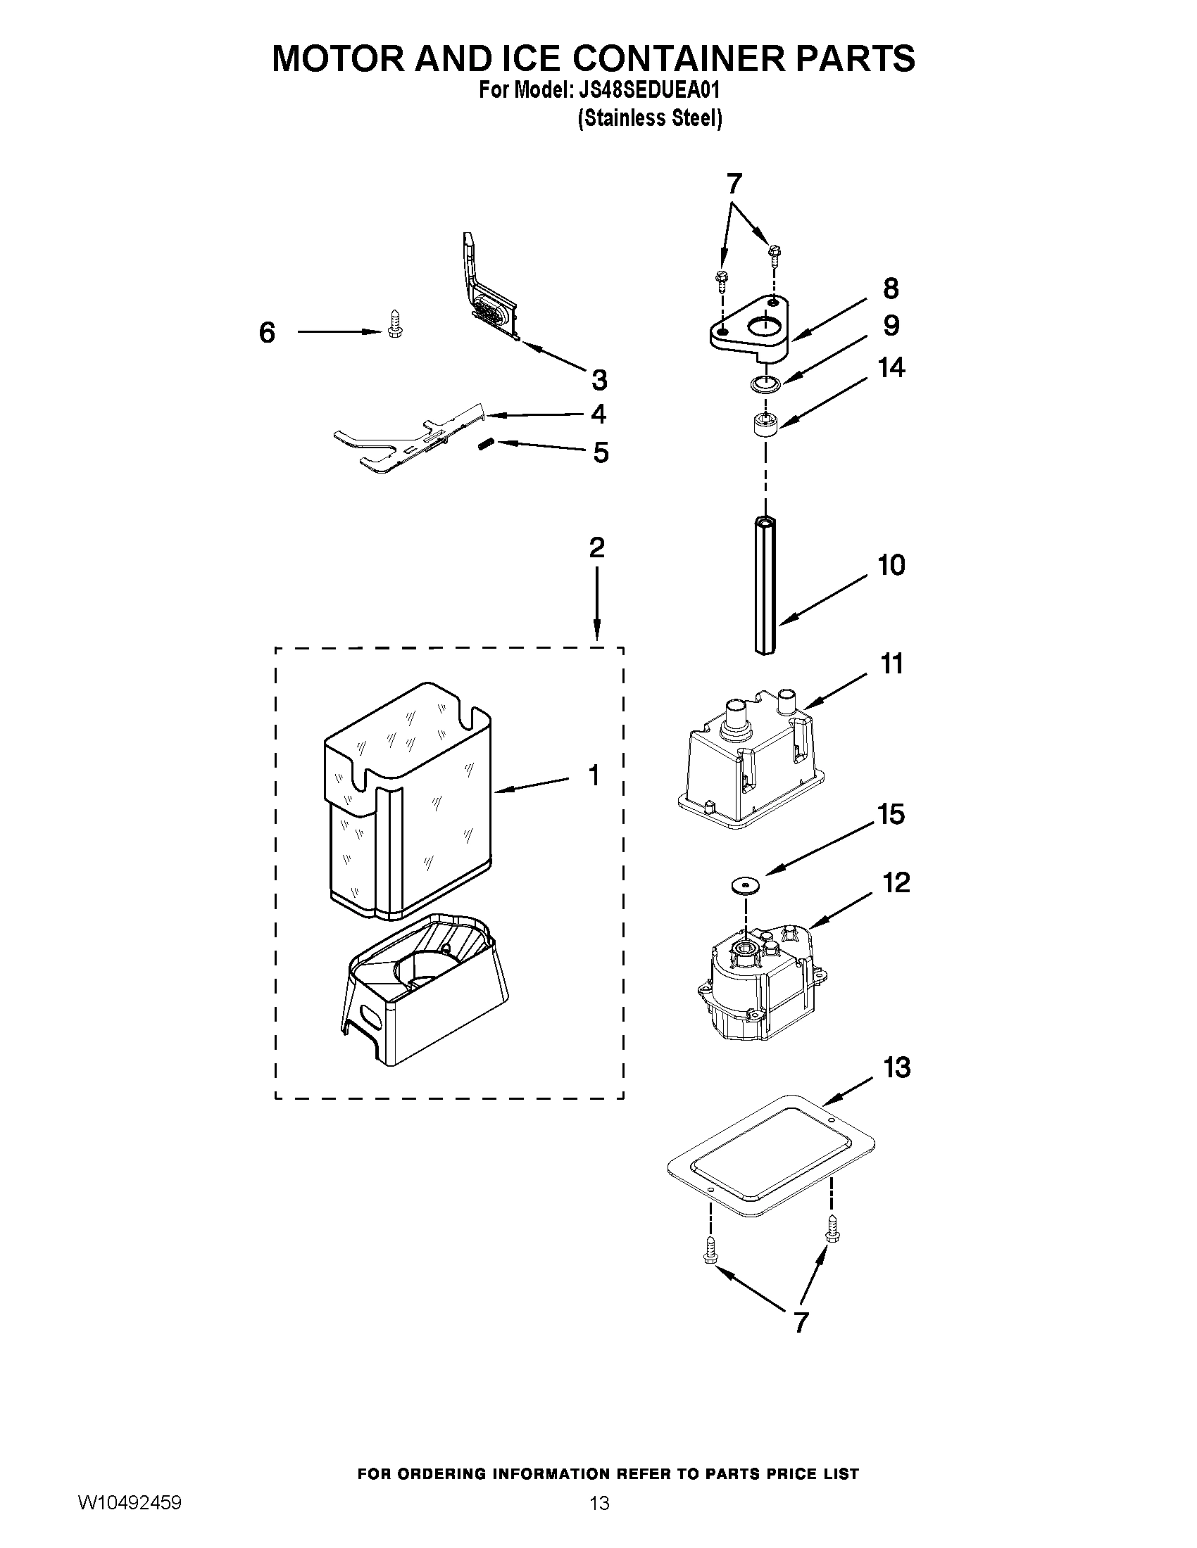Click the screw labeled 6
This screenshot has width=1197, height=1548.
coord(394,324)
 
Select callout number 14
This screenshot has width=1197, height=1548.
coord(891,368)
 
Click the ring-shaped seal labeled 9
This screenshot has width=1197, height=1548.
coord(765,384)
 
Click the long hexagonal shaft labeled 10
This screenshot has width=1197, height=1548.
coord(763,585)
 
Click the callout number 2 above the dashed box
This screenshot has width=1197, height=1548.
coord(596,548)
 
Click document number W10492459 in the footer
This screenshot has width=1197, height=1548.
coord(128,1520)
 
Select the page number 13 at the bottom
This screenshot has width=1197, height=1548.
coord(599,1521)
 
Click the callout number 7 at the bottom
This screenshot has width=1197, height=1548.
coord(801,1322)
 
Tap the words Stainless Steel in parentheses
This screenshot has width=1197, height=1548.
coord(651,118)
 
